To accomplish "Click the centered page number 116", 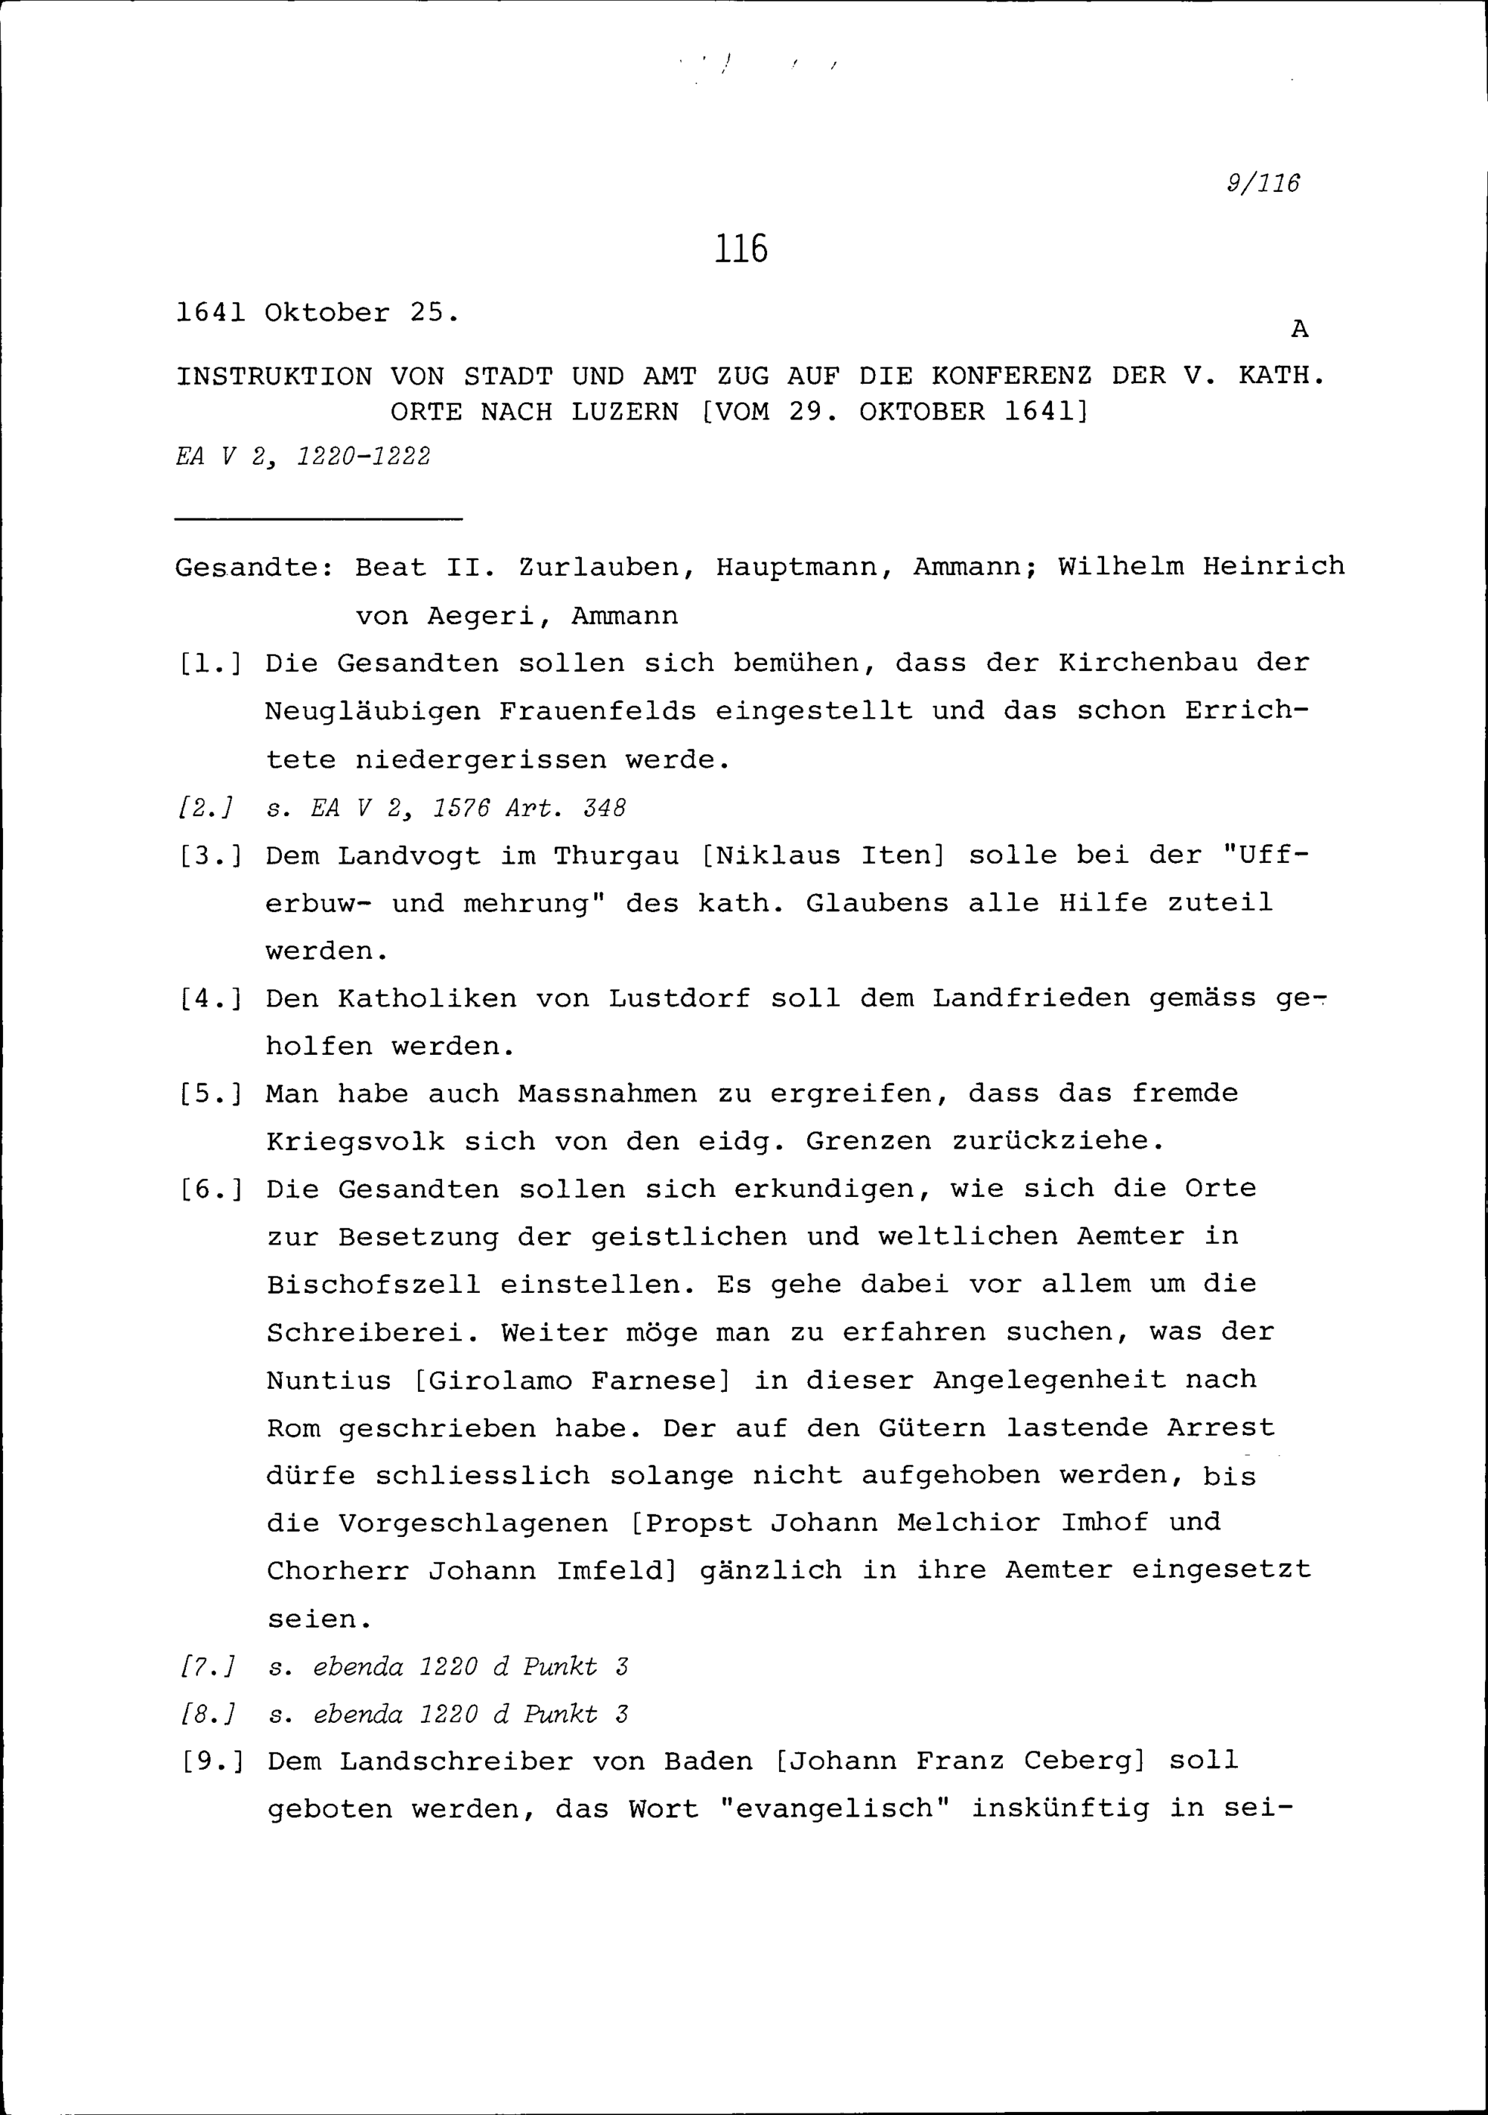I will pos(741,248).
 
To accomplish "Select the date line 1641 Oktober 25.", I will pos(316,313).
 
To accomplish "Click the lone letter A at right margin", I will pos(1299,329).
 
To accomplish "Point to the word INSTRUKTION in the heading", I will pos(274,376).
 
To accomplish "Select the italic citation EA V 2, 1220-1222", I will pos(303,457).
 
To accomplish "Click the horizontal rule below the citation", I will pos(318,521).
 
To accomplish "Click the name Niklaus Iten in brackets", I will pos(823,856).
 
